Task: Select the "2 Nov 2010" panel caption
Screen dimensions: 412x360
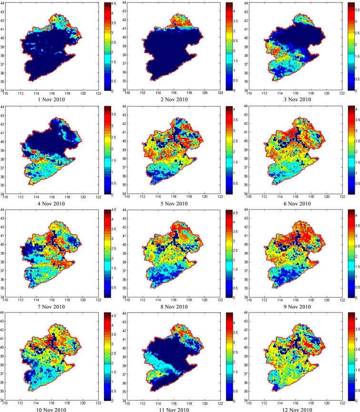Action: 173,100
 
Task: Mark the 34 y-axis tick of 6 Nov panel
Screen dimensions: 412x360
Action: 245,193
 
